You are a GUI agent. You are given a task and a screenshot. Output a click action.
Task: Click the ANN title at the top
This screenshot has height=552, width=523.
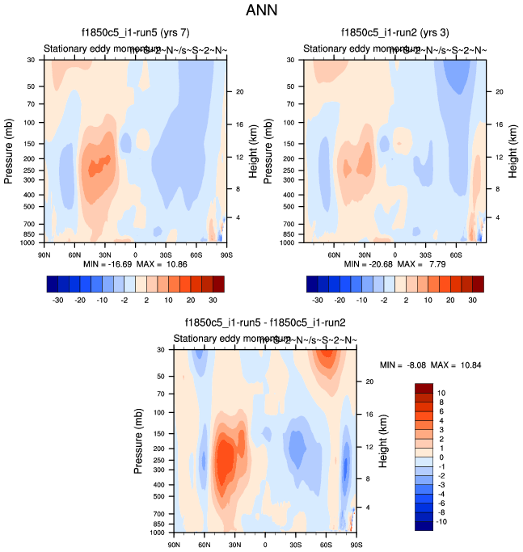(261, 11)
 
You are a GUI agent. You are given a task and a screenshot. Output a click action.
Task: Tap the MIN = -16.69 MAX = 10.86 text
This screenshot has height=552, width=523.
(134, 264)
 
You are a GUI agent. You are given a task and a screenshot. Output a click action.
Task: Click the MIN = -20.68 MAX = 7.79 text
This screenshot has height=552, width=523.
(394, 264)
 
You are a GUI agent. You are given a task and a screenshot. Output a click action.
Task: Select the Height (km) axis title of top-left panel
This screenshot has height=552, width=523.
(263, 152)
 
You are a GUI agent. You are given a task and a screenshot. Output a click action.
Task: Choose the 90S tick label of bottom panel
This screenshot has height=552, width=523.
(355, 545)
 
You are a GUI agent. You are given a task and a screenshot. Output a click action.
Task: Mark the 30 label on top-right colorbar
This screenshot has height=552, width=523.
(473, 299)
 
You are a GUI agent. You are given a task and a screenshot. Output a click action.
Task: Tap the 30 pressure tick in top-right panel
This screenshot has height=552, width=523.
(293, 60)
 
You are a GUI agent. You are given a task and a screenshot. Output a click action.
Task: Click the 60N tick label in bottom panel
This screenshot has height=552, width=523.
(204, 545)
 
